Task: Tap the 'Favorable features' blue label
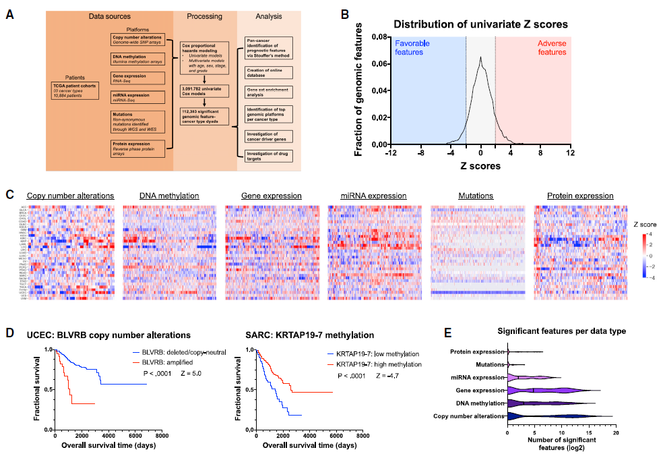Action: (x=423, y=47)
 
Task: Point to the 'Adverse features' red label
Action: (x=552, y=47)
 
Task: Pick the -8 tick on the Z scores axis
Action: (x=420, y=153)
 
